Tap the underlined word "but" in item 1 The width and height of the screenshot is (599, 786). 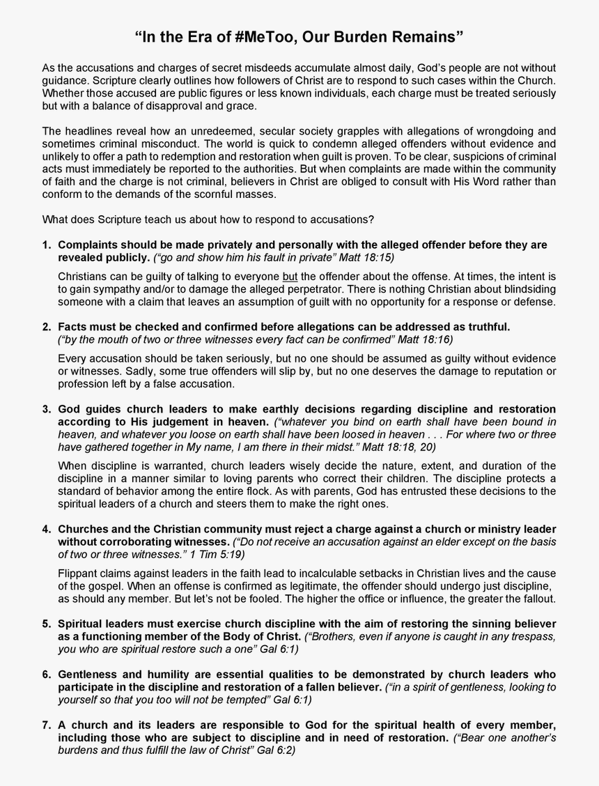[x=290, y=277]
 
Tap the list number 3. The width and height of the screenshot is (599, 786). [x=47, y=409]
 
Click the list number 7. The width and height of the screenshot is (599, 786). [x=47, y=725]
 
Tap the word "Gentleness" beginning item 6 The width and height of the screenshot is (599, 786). [x=89, y=675]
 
